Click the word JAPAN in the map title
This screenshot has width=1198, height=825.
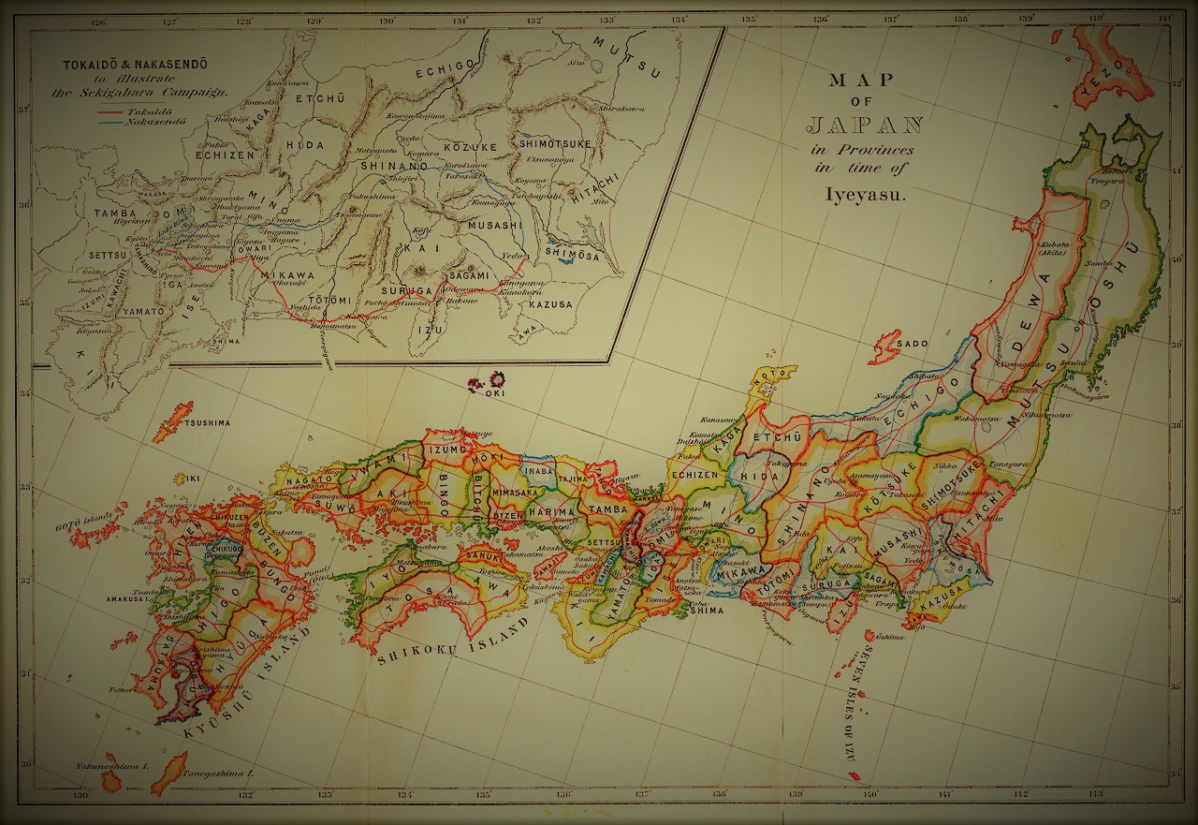coord(865,125)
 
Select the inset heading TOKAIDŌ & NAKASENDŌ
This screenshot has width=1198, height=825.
coord(135,65)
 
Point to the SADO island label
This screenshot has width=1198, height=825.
coord(913,344)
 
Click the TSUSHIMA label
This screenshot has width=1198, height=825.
coord(206,423)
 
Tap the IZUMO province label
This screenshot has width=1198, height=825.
coord(446,450)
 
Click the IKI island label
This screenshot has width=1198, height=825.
coord(193,478)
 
